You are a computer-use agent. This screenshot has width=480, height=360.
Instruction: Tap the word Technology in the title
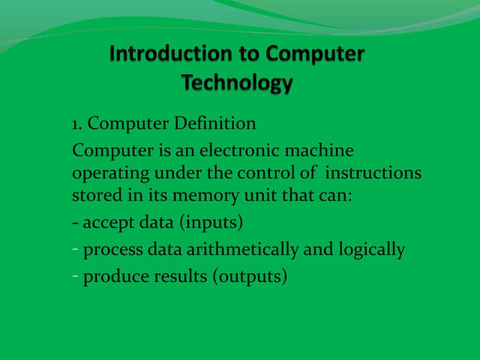click(237, 82)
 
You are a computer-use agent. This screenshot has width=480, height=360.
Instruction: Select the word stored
click(93, 197)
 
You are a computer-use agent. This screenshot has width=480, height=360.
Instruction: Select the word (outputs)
click(250, 277)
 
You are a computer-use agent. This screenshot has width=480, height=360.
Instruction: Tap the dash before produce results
click(76, 276)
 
